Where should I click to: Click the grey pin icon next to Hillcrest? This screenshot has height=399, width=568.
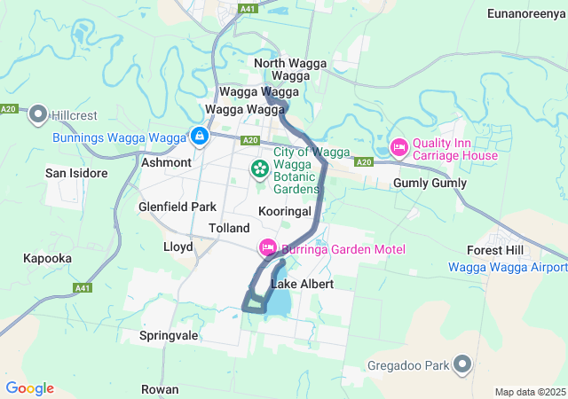(x=38, y=114)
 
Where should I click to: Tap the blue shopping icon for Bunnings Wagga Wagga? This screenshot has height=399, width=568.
(x=200, y=137)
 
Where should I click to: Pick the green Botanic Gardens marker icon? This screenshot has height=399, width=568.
(x=260, y=168)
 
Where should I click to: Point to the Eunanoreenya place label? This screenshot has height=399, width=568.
(x=526, y=13)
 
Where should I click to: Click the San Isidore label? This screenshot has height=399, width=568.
(x=77, y=173)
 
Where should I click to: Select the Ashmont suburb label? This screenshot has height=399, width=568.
(x=166, y=162)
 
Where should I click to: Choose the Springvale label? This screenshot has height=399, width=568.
(x=169, y=336)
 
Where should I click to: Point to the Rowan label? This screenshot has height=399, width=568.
(x=160, y=389)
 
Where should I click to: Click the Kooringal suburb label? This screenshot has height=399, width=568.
(x=284, y=212)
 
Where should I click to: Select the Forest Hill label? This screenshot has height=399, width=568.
(x=498, y=250)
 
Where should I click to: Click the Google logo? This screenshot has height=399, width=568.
(x=29, y=388)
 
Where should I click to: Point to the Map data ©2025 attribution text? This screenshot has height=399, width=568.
(x=529, y=392)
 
